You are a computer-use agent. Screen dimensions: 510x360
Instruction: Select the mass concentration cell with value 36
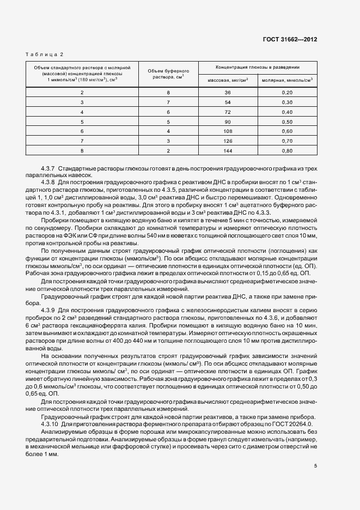click(228, 93)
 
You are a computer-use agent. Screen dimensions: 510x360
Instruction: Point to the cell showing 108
click(228, 131)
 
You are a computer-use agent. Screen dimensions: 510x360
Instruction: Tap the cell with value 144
click(228, 150)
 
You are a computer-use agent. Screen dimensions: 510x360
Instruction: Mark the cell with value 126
click(228, 141)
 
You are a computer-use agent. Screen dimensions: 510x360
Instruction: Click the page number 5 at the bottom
click(315, 465)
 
